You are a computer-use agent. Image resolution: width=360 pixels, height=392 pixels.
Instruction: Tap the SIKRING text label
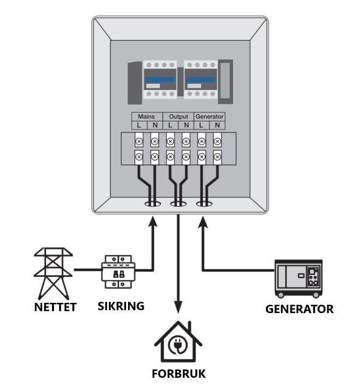pos(121,306)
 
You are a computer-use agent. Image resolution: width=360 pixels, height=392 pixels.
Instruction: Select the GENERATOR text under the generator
pos(299,309)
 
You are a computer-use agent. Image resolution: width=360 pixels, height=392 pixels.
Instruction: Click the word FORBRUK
pos(178,373)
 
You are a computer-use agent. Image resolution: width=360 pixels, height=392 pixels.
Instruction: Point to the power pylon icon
pos(53,273)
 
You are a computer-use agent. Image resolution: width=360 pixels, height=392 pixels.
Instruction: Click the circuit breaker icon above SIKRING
pos(118,270)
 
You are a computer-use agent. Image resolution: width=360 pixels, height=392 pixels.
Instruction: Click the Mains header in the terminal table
pos(147,117)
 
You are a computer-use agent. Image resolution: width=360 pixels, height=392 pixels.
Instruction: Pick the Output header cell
pos(178,117)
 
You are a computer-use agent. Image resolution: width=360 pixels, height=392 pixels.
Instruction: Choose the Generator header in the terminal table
pos(209,117)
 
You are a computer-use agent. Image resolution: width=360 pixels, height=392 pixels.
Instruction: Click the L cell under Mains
pos(139,125)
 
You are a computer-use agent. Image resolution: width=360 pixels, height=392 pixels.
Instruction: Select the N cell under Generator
pos(217,125)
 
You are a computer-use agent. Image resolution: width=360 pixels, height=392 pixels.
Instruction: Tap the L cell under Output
pos(170,125)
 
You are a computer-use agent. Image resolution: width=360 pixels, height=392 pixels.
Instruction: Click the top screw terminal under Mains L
pos(139,142)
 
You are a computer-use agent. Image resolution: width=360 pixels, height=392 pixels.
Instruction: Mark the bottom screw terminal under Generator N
pos(217,157)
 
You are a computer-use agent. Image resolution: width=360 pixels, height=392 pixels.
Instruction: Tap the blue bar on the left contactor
pos(159,79)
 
